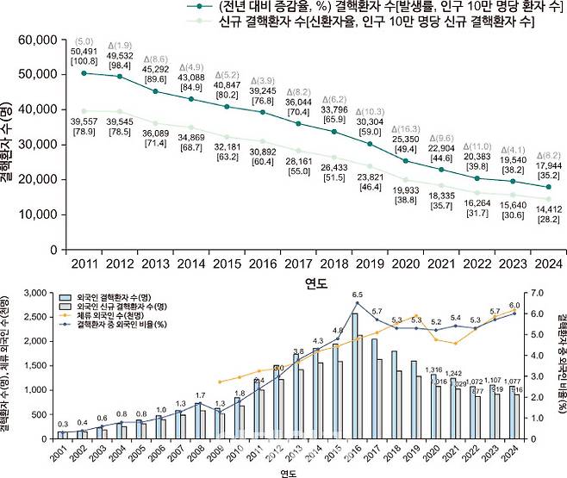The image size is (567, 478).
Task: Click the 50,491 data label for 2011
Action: click(x=84, y=52)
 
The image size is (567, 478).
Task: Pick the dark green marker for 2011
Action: click(x=84, y=73)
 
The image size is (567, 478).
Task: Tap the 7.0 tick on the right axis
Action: click(x=536, y=294)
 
